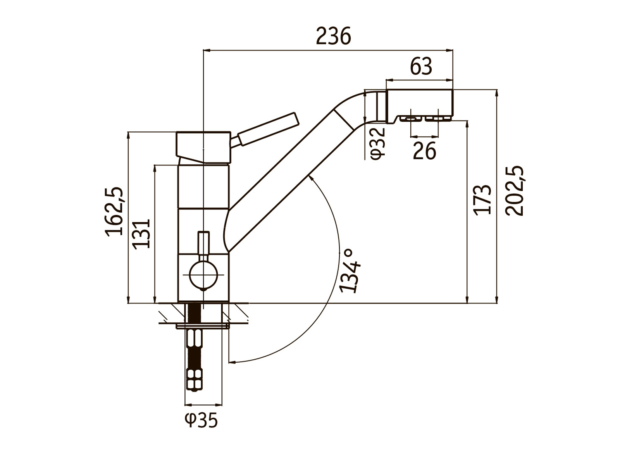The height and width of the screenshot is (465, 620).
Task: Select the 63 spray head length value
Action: click(x=421, y=67)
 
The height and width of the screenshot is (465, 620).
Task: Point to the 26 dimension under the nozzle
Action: click(x=424, y=151)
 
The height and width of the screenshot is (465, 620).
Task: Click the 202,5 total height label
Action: click(x=515, y=191)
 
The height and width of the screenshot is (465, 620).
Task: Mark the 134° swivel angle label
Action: click(x=350, y=270)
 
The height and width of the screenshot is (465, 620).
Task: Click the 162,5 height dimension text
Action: click(x=114, y=212)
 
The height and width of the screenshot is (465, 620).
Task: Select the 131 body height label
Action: click(x=141, y=234)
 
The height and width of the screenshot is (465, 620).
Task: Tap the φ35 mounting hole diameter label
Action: click(x=201, y=420)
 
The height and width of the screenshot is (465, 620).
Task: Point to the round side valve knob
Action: click(x=203, y=274)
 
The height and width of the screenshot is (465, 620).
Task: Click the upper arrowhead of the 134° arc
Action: click(x=310, y=177)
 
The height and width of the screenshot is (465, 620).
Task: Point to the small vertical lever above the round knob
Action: click(x=203, y=243)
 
